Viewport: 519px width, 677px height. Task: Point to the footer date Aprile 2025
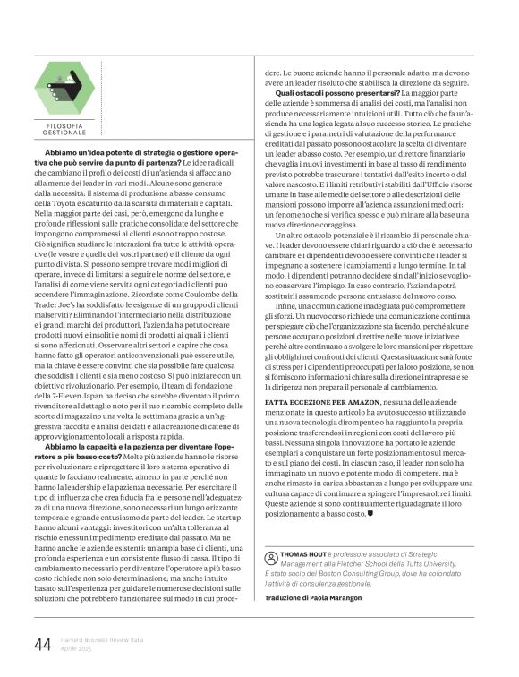tap(79, 652)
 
